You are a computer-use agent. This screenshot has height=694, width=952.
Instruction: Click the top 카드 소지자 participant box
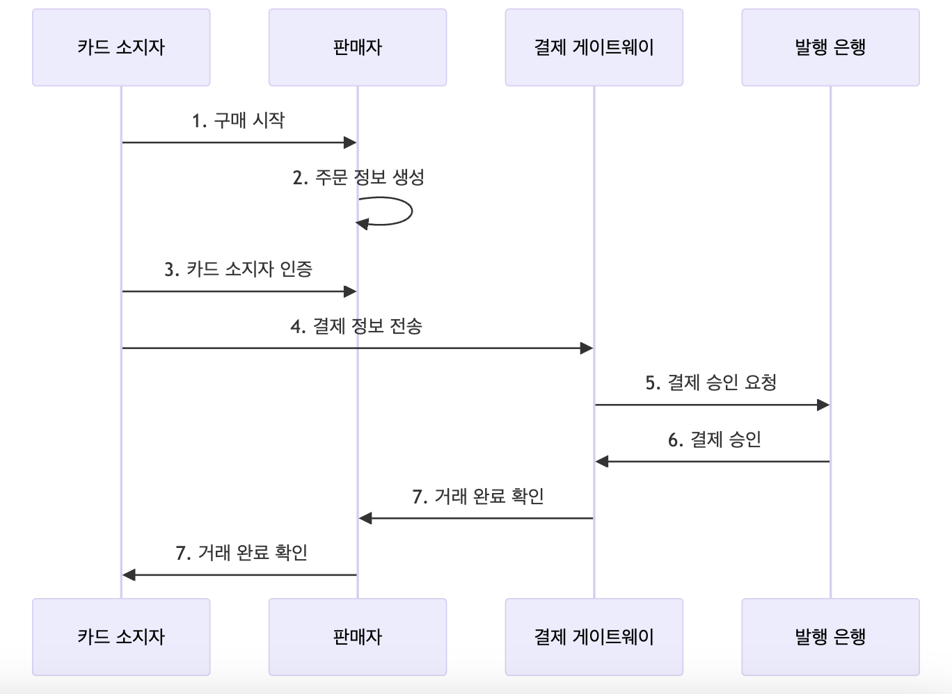[121, 47]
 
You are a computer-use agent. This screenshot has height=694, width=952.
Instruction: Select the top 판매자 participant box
[357, 47]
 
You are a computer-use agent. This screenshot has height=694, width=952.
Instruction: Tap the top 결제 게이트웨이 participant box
[594, 47]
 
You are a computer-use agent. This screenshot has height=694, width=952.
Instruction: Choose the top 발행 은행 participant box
[830, 47]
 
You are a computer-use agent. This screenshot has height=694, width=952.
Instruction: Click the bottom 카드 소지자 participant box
[121, 637]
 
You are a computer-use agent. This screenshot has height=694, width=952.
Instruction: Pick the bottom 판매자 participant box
[357, 637]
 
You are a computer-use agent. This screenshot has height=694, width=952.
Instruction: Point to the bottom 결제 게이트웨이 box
[594, 637]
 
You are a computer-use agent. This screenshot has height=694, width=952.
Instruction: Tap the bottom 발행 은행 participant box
[830, 637]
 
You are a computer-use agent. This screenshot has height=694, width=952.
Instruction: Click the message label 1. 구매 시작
[238, 121]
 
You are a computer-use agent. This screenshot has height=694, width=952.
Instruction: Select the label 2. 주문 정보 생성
[358, 177]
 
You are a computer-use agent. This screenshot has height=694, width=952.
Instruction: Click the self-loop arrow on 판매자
[411, 211]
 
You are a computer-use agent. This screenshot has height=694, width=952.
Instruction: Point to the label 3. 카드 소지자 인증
[238, 269]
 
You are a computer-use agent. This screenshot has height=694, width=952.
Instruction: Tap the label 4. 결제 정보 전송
[356, 326]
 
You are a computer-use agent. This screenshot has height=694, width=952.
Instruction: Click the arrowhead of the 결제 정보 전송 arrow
[587, 348]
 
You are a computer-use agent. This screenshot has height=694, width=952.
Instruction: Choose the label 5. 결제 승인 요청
[711, 382]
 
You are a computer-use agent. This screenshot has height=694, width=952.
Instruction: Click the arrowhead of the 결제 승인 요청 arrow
[823, 405]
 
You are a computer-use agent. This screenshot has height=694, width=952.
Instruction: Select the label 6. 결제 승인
[714, 439]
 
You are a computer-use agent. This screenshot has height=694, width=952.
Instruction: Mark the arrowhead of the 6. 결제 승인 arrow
[602, 462]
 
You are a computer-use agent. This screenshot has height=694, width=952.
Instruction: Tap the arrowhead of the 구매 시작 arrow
[350, 143]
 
